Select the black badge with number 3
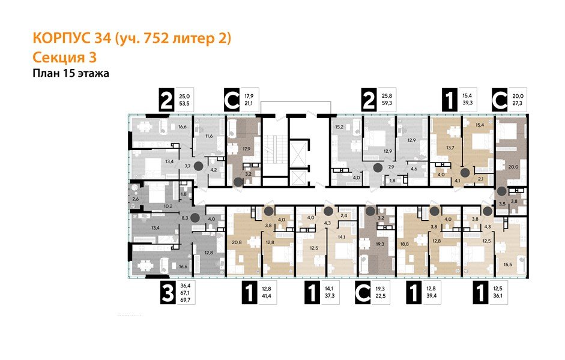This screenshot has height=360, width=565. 169,294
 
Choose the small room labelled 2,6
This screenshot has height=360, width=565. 136,199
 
